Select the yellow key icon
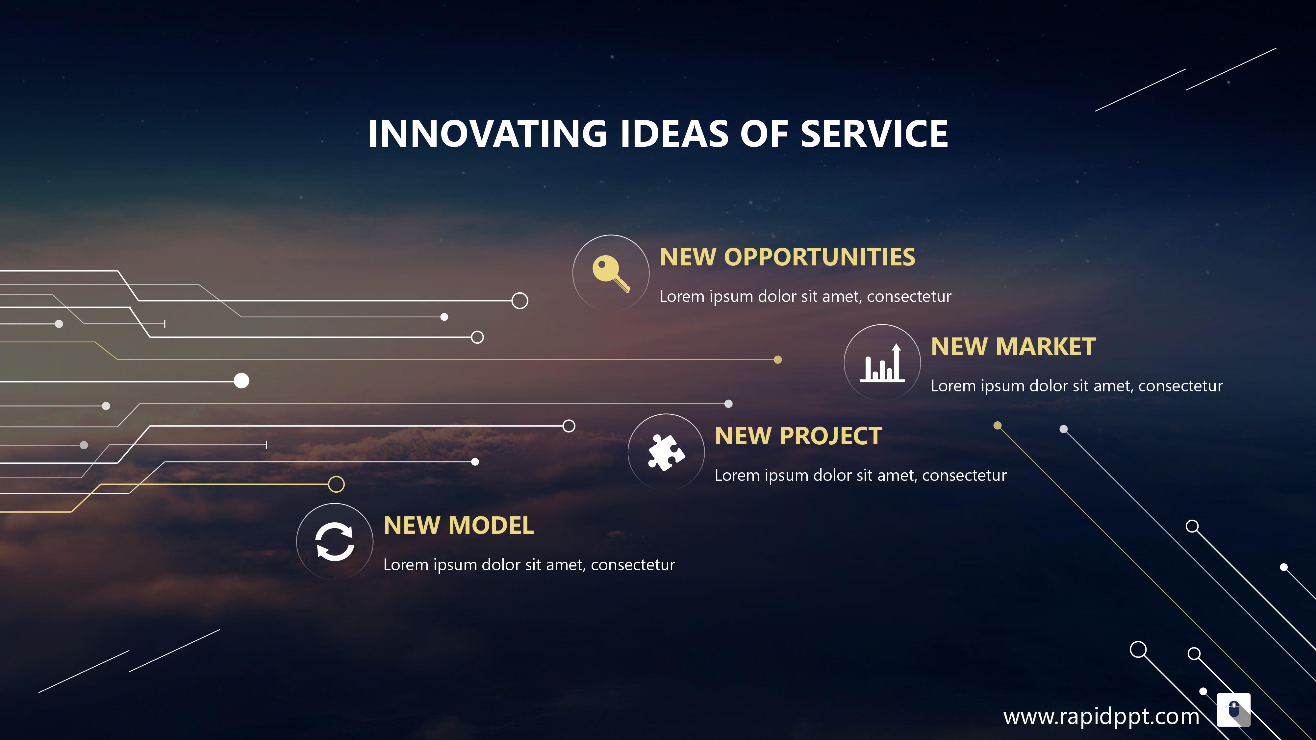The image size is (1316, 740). [611, 274]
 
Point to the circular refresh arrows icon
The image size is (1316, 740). [335, 541]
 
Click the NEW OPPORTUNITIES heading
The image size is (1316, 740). [787, 257]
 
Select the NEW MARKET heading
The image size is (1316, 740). [1013, 346]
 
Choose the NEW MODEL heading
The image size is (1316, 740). [459, 526]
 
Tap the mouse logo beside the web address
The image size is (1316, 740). [1234, 710]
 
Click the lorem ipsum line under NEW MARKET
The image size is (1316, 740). [1077, 386]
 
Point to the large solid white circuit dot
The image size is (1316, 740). [241, 381]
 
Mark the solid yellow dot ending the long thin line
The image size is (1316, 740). [777, 359]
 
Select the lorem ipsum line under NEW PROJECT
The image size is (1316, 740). [861, 476]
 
